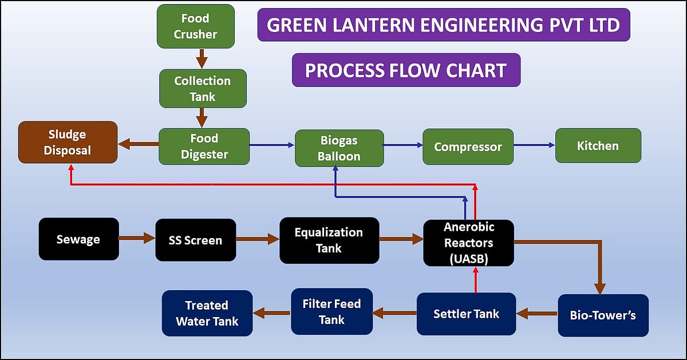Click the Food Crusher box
195,26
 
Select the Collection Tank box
203,89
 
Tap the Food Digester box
204,147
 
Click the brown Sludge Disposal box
68,143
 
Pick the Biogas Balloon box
339,148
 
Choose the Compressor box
468,147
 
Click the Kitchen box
598,146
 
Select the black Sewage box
78,239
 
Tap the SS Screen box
195,240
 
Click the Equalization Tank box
329,240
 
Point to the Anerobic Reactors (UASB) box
468,243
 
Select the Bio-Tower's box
603,315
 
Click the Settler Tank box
466,314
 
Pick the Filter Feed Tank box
331,311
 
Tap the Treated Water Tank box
207,313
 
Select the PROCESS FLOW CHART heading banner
406,70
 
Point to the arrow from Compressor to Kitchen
534,145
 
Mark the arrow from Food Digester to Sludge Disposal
138,145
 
